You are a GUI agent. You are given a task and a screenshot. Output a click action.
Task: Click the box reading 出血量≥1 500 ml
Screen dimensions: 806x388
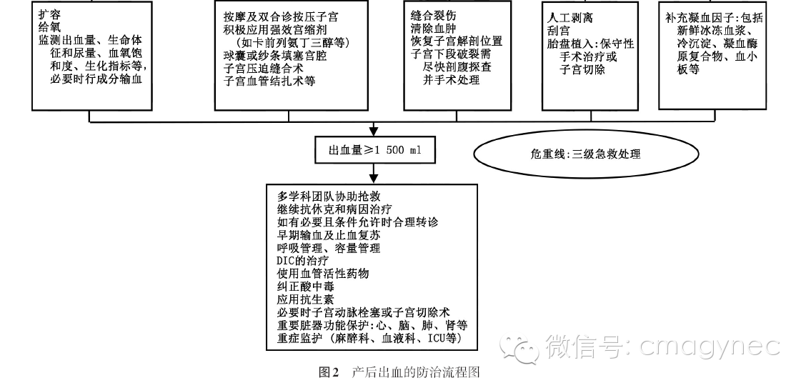coord(374,149)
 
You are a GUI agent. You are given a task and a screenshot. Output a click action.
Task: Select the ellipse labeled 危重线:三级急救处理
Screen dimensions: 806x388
coord(586,154)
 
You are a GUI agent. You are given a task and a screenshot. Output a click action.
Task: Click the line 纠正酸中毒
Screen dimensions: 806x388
coord(306,287)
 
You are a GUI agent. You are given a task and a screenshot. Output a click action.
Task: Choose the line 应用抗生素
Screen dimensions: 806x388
coord(306,299)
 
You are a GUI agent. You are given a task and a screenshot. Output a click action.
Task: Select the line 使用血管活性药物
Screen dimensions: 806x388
coord(323,274)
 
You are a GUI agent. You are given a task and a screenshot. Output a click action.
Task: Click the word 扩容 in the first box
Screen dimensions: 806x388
coord(49,14)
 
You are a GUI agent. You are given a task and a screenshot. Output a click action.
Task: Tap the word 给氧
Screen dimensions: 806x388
coord(49,27)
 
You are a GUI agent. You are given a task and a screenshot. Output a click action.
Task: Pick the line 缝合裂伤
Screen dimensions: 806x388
coord(433,15)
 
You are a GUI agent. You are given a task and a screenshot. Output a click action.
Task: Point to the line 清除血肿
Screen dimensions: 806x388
coord(433,28)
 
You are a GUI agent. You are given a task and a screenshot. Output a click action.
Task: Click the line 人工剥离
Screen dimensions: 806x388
coord(571,17)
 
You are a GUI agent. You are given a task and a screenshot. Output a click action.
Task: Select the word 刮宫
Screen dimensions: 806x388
coord(559,30)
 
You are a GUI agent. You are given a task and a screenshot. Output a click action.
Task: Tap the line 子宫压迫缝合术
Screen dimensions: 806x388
coord(264,68)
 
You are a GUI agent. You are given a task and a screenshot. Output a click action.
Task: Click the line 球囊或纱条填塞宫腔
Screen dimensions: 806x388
coord(275,55)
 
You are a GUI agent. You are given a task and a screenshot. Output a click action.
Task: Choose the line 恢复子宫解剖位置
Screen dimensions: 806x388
coord(457,41)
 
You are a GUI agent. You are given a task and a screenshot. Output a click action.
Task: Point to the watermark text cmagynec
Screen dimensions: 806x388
coord(710,346)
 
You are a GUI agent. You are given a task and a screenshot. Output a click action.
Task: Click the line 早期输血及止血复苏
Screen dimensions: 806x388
coord(329,235)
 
